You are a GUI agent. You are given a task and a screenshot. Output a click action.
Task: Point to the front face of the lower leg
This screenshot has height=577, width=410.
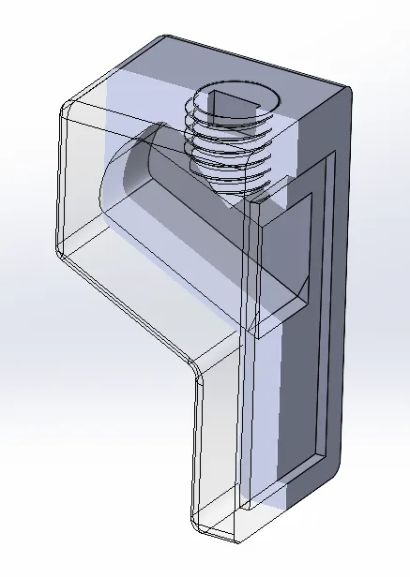coord(221,450)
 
